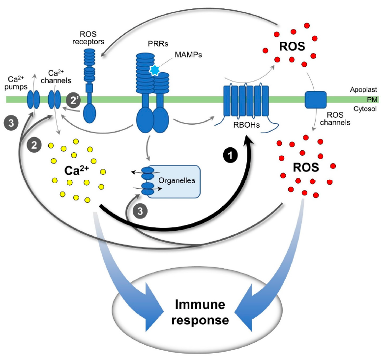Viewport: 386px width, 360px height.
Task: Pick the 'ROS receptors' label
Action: point(92,37)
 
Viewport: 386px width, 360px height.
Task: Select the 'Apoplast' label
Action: point(363,90)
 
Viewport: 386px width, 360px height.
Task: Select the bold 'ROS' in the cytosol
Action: point(305,167)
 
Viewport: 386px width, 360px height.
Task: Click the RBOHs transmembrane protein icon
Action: point(246,100)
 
